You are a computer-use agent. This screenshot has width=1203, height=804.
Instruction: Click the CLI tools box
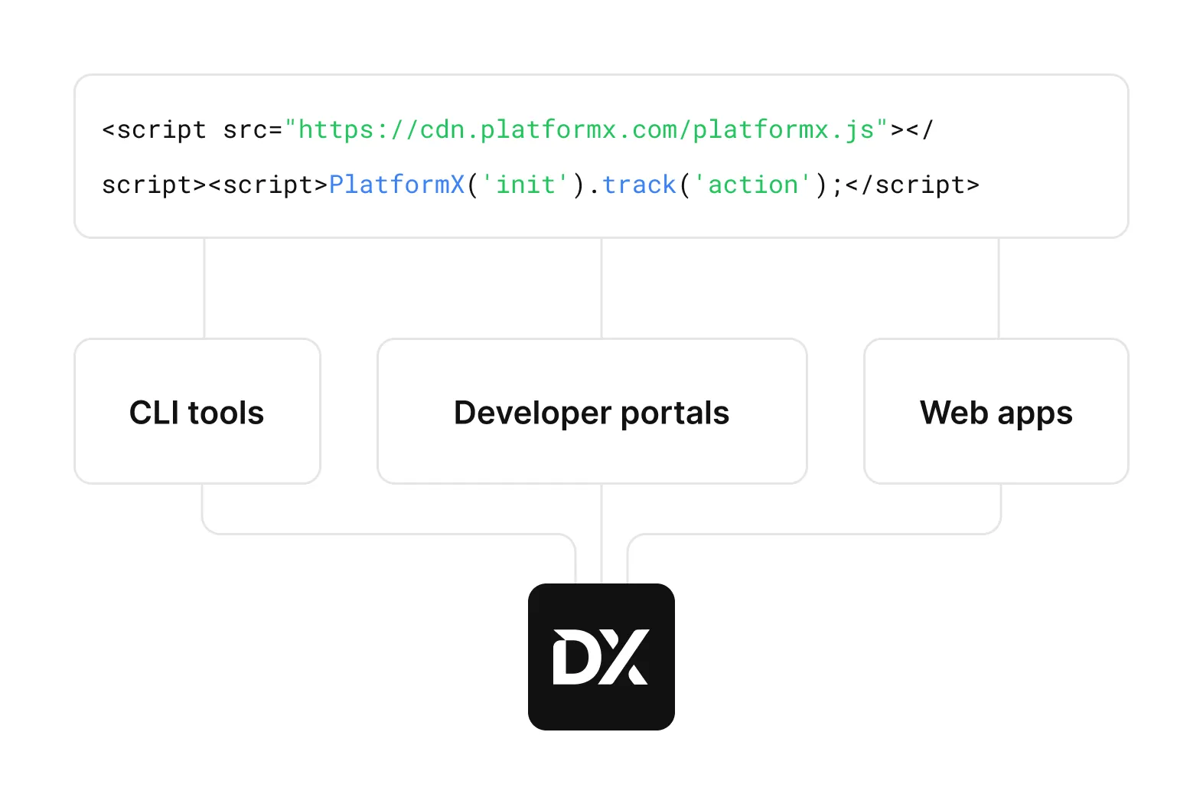tap(197, 411)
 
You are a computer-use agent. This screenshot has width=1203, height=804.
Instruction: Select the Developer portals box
tap(592, 411)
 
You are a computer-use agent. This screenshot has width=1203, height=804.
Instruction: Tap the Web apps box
tap(996, 411)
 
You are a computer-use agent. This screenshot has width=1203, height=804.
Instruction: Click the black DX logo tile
tap(601, 657)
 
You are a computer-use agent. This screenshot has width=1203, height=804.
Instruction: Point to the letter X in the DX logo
tap(624, 657)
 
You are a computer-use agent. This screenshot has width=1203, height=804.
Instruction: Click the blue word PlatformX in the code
tap(397, 185)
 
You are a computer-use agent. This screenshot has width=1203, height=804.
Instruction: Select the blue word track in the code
tap(639, 185)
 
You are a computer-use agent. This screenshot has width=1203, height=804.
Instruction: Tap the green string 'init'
tap(525, 185)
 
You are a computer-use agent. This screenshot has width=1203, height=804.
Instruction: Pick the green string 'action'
tap(753, 185)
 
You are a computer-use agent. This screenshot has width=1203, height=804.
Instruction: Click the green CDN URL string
tap(586, 130)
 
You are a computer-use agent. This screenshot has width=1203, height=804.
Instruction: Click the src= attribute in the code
tap(253, 130)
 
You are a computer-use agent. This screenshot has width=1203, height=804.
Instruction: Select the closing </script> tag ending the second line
tap(912, 185)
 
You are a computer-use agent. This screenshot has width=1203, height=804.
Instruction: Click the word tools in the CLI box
tap(226, 413)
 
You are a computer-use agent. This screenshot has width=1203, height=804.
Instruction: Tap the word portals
tap(675, 413)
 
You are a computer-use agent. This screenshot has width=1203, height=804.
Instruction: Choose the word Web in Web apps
tap(954, 413)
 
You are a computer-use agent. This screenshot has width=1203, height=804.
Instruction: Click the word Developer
tap(533, 413)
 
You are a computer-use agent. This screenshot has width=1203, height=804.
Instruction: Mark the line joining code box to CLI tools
tap(204, 288)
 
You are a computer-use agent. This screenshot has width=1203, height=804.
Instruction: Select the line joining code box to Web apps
tap(999, 288)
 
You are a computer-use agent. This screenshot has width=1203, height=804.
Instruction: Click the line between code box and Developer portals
tap(601, 288)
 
